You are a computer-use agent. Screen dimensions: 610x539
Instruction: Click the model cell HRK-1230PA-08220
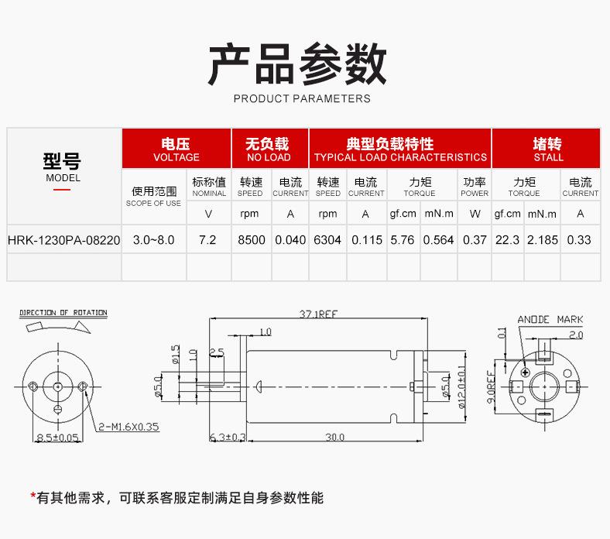click(x=63, y=240)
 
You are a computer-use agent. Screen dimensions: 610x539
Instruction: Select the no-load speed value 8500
click(x=251, y=240)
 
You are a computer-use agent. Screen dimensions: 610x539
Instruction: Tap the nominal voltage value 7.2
click(x=207, y=240)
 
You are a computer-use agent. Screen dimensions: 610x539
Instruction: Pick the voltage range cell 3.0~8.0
click(x=153, y=240)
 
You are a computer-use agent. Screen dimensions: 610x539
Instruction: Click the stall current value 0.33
click(x=579, y=240)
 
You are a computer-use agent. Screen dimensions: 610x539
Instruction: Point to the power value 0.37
click(x=475, y=240)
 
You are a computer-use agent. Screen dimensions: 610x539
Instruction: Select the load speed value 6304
click(x=327, y=240)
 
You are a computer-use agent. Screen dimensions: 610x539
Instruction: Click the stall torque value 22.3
click(x=507, y=240)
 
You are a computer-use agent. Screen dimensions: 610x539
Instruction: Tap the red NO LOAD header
click(x=268, y=149)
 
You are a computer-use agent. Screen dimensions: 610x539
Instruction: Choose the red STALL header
click(x=548, y=149)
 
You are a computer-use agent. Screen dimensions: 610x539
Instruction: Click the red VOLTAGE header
click(x=176, y=149)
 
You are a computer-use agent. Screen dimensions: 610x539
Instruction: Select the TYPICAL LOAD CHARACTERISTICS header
click(x=400, y=149)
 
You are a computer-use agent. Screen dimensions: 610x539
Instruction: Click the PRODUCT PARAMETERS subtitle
click(x=302, y=98)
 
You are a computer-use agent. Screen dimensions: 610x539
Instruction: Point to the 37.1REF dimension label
click(x=317, y=314)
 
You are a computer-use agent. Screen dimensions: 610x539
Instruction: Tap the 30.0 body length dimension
click(x=334, y=438)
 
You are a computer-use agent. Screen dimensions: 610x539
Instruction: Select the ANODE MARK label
click(x=550, y=319)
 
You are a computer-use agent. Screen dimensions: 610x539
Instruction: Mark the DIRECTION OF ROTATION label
click(x=63, y=313)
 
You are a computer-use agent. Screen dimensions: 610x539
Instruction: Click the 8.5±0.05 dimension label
click(x=58, y=438)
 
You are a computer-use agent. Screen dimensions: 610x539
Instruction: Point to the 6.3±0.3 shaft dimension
click(x=228, y=438)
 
